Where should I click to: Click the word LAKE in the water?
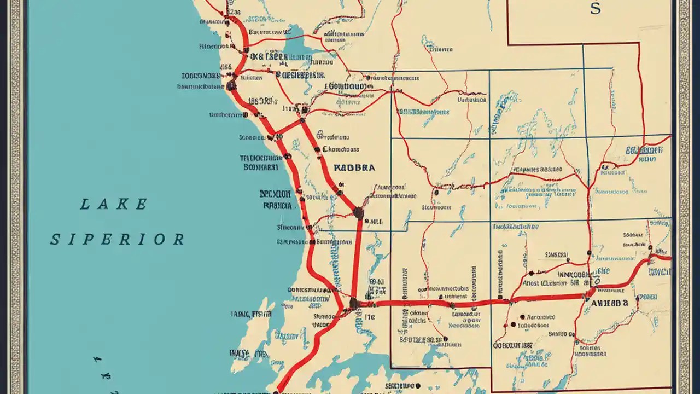coord(114,205)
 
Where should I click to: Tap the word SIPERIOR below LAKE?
coord(117,240)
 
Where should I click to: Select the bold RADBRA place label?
coord(354,168)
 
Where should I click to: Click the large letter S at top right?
coord(595,9)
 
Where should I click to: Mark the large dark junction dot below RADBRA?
coord(358,213)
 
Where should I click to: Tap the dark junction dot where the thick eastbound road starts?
coord(354,303)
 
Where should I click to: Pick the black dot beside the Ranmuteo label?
coord(523,317)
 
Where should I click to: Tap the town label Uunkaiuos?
coord(471,100)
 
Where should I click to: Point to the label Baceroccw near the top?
coord(269,32)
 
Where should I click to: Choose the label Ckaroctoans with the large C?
coord(341,149)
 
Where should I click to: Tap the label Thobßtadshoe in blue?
coord(515,226)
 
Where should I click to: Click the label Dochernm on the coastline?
coord(225,115)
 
